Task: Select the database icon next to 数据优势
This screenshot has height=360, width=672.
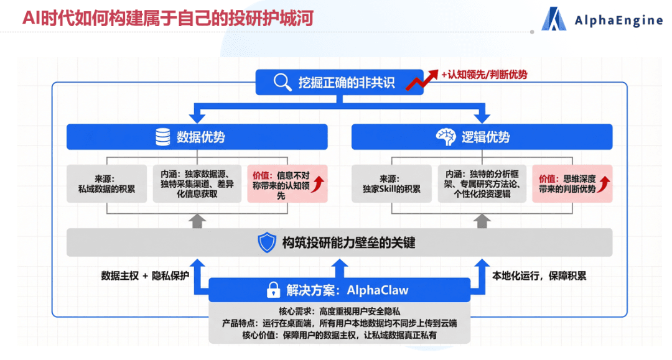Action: pos(162,137)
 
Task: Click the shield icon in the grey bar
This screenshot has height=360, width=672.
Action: pos(266,242)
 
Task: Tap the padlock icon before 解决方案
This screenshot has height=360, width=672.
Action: pos(273,290)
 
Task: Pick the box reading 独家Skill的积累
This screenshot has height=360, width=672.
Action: pos(391,183)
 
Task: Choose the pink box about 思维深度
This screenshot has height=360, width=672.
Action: pos(572,183)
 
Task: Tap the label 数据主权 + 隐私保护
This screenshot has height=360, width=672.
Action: pos(144,275)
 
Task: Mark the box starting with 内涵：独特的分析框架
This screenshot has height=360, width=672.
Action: pos(482,183)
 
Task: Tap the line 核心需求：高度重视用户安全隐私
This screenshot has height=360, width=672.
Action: pos(339,310)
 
